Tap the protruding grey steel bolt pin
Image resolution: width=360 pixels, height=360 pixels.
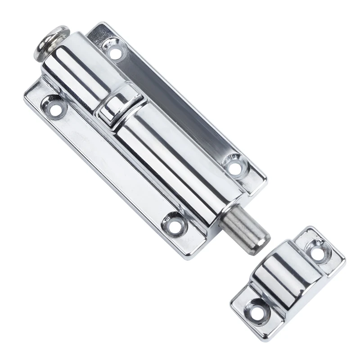246,227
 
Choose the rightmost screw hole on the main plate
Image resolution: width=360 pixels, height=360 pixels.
234,167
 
